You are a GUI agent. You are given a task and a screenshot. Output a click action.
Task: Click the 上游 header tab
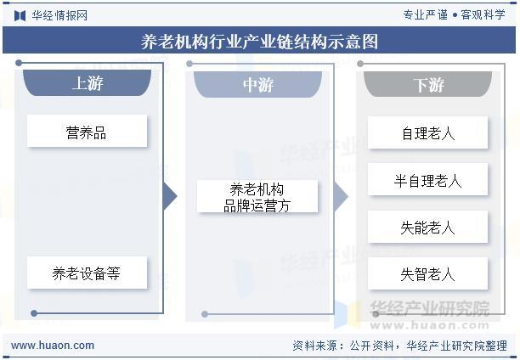(87, 84)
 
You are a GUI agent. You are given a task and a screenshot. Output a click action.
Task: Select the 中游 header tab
(257, 84)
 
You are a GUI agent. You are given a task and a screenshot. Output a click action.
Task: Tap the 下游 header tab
(428, 84)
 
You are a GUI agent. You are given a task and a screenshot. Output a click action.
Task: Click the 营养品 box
(87, 132)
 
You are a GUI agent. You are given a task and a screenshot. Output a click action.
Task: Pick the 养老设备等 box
(87, 273)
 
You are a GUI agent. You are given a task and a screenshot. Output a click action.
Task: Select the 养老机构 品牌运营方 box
(257, 197)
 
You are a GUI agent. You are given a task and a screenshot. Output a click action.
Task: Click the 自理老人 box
(428, 133)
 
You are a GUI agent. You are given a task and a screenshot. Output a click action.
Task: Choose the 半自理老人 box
(428, 180)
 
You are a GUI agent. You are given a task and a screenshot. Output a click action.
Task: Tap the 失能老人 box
(428, 228)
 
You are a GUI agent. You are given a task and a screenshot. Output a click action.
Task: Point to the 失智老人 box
(428, 274)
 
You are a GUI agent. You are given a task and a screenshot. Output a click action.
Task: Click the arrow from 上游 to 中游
(170, 197)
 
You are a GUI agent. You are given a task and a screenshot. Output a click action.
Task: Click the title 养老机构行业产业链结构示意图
(259, 42)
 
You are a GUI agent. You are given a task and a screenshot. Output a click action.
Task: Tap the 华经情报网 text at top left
(59, 14)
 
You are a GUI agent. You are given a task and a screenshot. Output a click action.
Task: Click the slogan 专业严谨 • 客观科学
(453, 14)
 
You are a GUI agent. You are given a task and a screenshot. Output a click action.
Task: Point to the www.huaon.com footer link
(53, 346)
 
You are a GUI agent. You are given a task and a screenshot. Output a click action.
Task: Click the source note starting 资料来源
(399, 346)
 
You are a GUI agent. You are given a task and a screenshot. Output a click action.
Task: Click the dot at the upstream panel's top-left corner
(20, 63)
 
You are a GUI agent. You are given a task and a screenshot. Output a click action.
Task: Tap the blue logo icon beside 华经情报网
(20, 14)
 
